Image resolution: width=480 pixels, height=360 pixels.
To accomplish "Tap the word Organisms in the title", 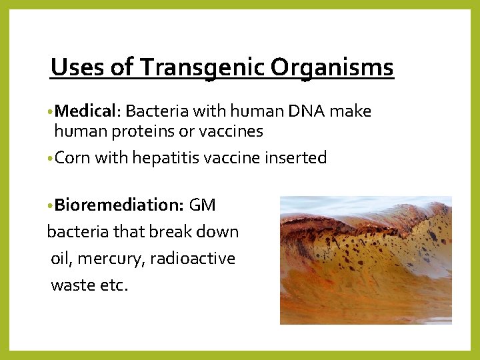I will pos(332,68).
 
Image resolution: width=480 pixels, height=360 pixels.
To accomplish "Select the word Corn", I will pos(73,158).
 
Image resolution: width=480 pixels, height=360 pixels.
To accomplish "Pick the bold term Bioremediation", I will pos(119,205).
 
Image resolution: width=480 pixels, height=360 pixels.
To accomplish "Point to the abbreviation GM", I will pos(203,205).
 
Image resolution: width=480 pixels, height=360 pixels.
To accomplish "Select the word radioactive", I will pos(193,258).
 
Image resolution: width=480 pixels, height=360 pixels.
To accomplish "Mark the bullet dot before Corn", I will pos(51,159).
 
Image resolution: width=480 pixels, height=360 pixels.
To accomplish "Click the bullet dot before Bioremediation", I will pos(51,205).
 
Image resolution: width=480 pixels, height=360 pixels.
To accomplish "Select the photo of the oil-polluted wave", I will pos(365,260).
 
